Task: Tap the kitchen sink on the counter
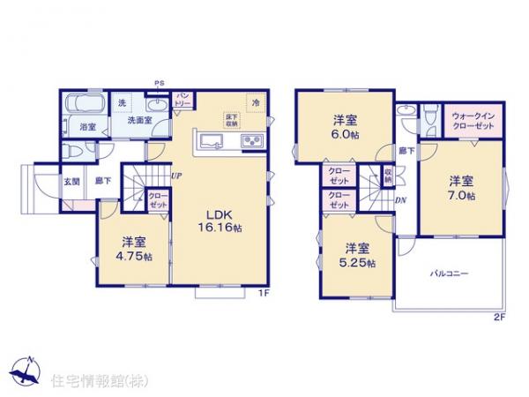212,141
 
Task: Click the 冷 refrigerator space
256,102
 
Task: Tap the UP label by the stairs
176,174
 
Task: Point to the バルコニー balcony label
450,274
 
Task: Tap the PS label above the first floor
159,83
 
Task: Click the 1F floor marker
262,293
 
